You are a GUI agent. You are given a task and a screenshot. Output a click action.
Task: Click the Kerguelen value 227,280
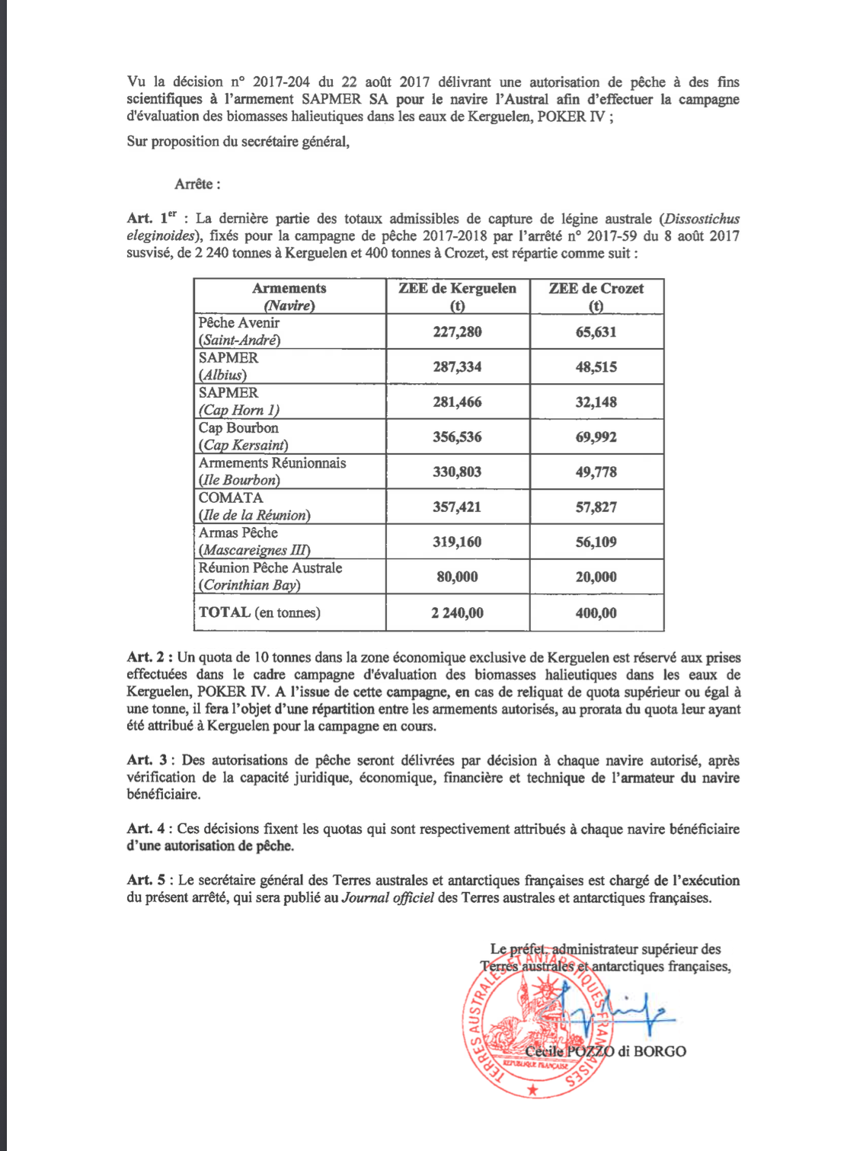click(457, 332)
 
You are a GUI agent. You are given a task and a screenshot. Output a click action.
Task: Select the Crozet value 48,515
click(596, 367)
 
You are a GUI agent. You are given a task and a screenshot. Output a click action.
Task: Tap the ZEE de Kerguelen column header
click(457, 296)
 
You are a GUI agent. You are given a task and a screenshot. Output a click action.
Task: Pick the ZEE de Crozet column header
click(596, 296)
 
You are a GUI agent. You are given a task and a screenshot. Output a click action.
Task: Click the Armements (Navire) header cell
click(289, 296)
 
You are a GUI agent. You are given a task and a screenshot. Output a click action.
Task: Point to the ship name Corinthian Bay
click(250, 585)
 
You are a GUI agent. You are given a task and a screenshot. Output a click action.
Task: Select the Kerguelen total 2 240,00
click(457, 612)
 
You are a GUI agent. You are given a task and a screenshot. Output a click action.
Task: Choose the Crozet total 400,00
click(596, 612)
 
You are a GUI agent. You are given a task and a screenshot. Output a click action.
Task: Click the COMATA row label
click(230, 498)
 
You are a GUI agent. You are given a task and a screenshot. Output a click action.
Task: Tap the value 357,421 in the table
click(457, 507)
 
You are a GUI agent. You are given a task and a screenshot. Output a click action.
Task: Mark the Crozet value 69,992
click(596, 437)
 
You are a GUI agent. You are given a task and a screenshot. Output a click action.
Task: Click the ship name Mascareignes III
click(254, 550)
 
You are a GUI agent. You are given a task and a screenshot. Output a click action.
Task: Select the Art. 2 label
click(149, 657)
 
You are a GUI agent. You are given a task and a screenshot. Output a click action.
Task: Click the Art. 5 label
click(149, 881)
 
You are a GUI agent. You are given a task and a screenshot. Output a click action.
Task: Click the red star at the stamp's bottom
click(532, 1091)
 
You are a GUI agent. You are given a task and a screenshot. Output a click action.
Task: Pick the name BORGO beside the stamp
click(660, 1052)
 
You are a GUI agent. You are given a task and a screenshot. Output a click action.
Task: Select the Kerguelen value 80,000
click(457, 577)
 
